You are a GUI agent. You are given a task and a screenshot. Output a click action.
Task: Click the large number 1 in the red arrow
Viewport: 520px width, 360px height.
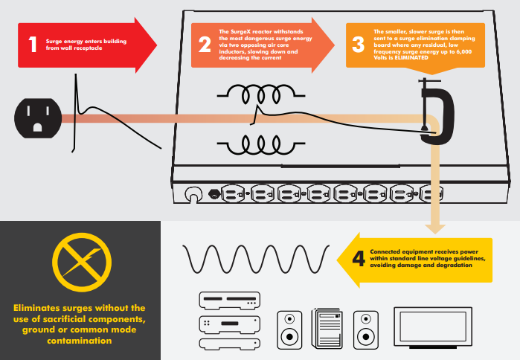pyautogui.click(x=33, y=44)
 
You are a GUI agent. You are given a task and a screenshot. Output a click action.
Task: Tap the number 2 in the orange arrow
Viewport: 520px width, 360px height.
pyautogui.click(x=205, y=45)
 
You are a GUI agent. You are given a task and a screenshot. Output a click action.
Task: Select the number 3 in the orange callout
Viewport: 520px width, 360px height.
pyautogui.click(x=358, y=45)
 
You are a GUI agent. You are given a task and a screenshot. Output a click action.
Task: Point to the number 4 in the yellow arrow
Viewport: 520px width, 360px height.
pyautogui.click(x=359, y=259)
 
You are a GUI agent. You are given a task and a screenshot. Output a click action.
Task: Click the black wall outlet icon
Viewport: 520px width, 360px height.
pyautogui.click(x=38, y=118)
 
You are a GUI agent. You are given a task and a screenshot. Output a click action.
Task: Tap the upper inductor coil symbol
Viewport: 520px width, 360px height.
pyautogui.click(x=261, y=94)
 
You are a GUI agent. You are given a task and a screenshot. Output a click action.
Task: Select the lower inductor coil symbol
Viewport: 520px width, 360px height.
pyautogui.click(x=261, y=145)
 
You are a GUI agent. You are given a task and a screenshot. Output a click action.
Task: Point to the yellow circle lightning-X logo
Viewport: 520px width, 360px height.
pyautogui.click(x=82, y=263)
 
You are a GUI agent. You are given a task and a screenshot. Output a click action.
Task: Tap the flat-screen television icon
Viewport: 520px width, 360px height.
pyautogui.click(x=433, y=327)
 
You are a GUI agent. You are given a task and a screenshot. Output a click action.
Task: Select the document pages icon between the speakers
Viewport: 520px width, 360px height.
pyautogui.click(x=327, y=328)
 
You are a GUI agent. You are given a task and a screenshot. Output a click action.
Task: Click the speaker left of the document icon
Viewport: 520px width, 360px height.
pyautogui.click(x=289, y=330)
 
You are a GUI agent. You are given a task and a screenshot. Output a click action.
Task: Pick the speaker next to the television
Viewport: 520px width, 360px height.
pyautogui.click(x=366, y=330)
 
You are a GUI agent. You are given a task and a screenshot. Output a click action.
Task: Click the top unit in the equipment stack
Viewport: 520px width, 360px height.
pyautogui.click(x=229, y=300)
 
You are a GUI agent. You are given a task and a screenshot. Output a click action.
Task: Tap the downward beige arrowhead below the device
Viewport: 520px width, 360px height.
pyautogui.click(x=435, y=229)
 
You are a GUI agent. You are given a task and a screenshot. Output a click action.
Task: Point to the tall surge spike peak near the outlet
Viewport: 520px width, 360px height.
pyautogui.click(x=76, y=75)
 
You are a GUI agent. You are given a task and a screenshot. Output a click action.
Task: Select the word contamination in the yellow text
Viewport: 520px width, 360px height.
pyautogui.click(x=80, y=341)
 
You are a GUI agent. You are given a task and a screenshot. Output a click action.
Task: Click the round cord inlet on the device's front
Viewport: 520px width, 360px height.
pyautogui.click(x=193, y=194)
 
